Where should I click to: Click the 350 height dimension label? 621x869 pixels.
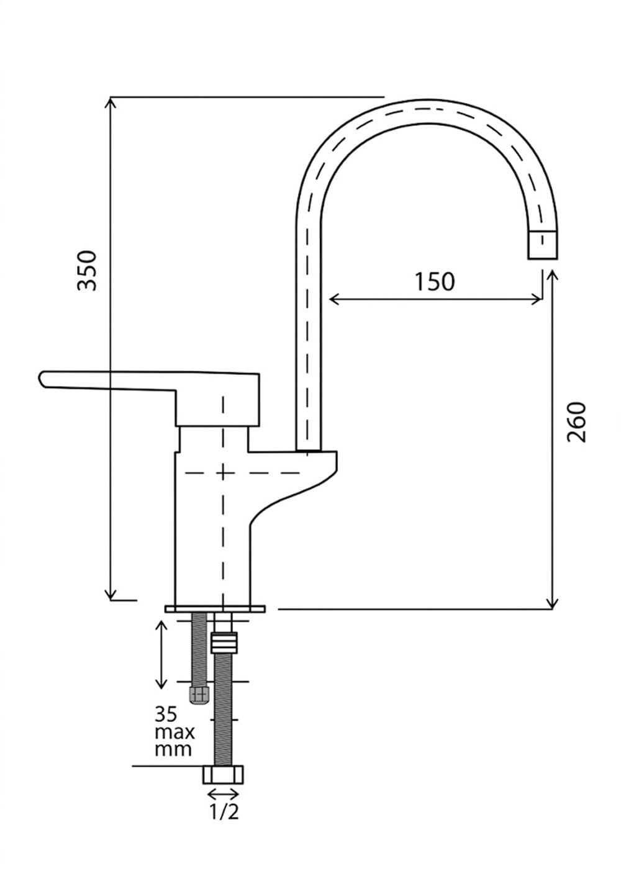pos(86,271)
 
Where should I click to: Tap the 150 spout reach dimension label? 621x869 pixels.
pos(434,282)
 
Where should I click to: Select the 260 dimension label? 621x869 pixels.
pos(576,422)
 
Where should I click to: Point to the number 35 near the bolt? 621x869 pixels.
pos(166,713)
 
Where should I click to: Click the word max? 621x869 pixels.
pos(175,732)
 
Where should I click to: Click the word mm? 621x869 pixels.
pos(173,750)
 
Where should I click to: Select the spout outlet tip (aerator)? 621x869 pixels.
pos(542,245)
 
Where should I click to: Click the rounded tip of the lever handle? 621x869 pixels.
pos(42,379)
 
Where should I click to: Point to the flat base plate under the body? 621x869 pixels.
pos(215,609)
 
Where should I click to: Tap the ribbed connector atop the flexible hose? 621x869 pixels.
pos(224,642)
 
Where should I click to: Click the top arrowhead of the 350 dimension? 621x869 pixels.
pos(111,102)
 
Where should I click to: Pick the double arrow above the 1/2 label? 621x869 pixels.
pos(223,794)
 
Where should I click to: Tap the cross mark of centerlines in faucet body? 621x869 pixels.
pos(223,473)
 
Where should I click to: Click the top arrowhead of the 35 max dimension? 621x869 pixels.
pos(161,626)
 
